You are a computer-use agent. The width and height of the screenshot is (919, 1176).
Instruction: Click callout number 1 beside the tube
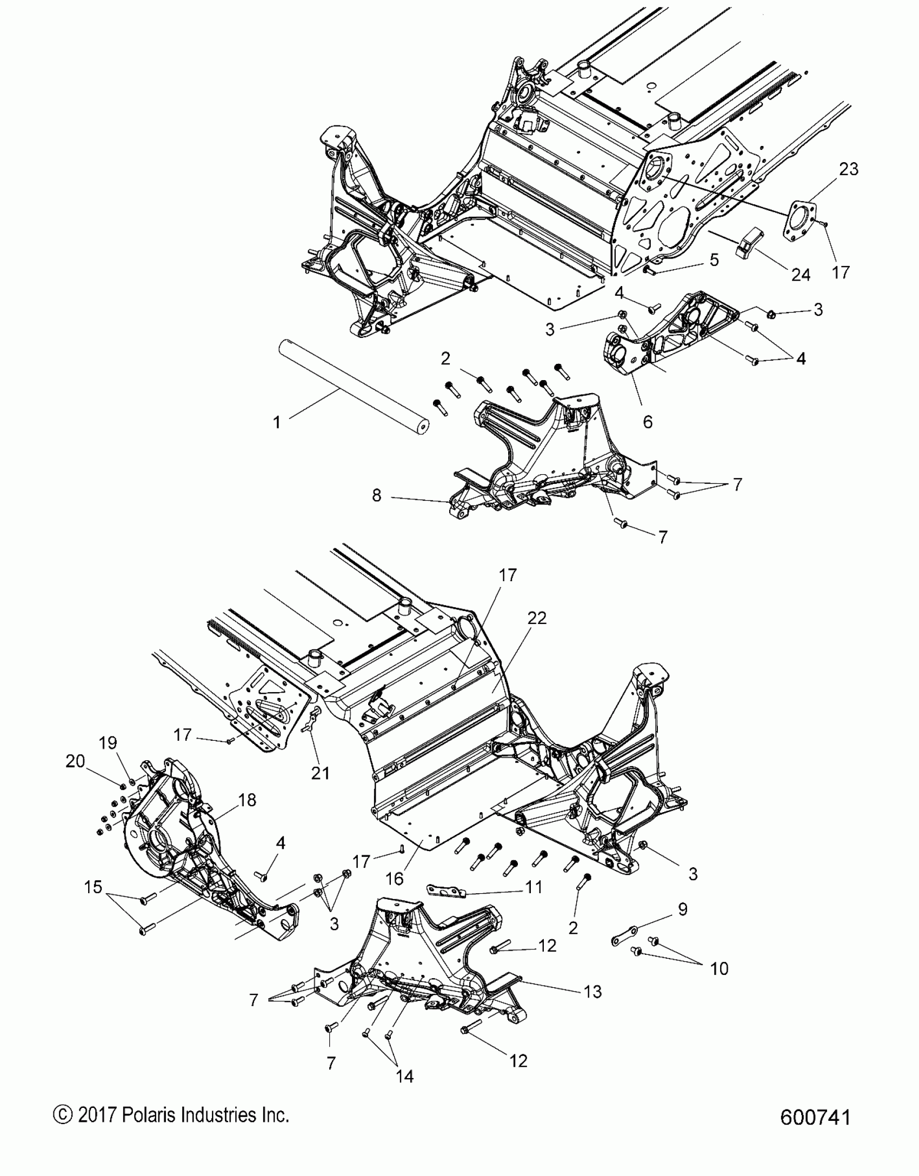(x=277, y=422)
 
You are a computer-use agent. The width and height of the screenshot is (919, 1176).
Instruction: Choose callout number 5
(x=714, y=260)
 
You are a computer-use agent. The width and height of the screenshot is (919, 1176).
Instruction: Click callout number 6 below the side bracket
(x=647, y=421)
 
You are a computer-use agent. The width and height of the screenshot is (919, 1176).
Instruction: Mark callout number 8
(x=377, y=495)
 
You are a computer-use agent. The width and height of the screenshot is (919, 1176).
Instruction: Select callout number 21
(x=320, y=773)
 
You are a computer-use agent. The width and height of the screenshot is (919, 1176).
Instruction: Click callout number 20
(x=75, y=761)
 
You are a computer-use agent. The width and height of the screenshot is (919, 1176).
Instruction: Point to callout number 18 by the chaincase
(x=247, y=800)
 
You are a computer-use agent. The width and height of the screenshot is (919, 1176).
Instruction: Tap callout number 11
(x=534, y=887)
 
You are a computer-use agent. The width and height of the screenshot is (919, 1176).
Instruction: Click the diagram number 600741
(x=815, y=1117)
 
